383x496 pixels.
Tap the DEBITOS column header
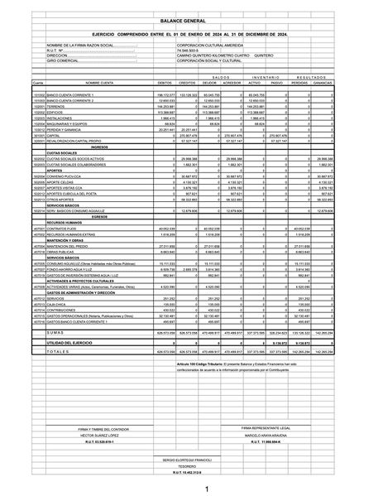[x=165, y=84]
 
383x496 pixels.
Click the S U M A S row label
[x=63, y=308]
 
